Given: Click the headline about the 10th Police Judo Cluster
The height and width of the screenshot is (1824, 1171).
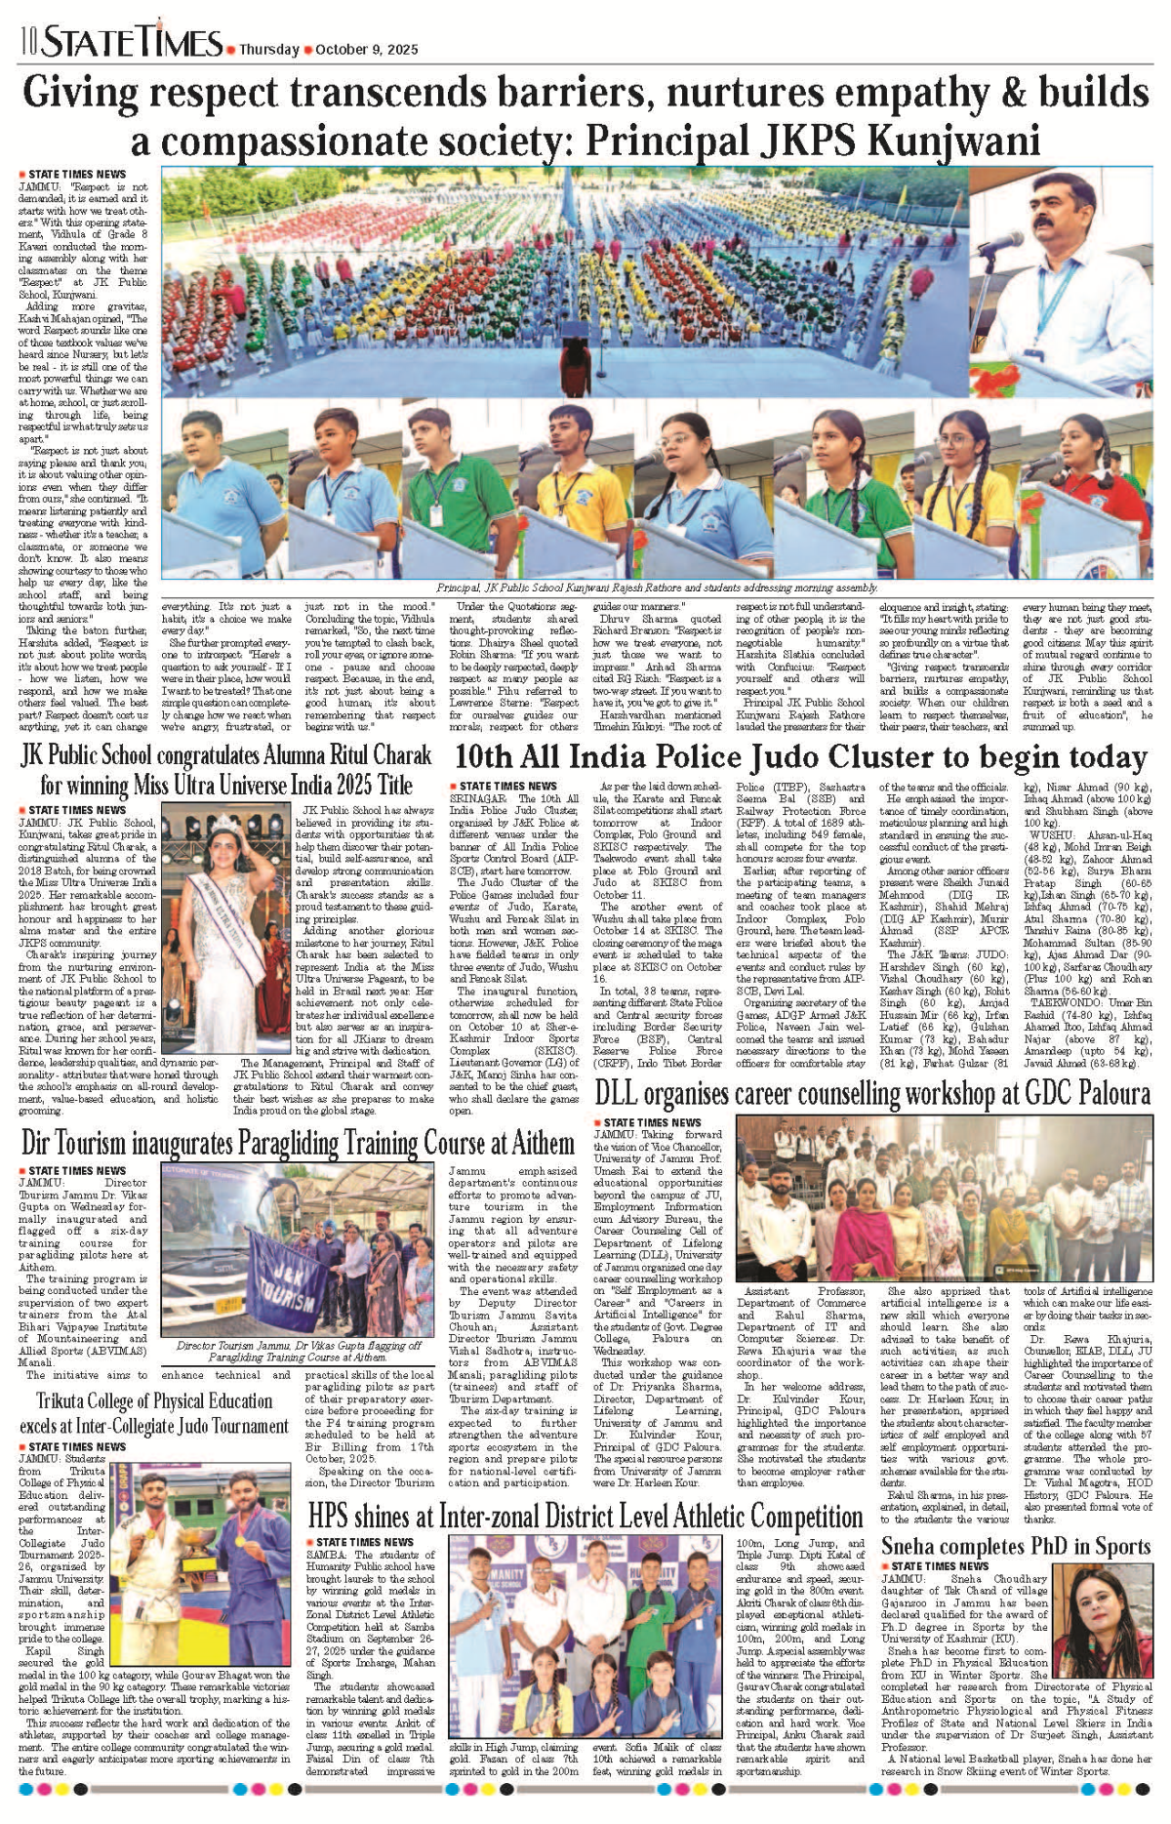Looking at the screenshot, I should (x=800, y=757).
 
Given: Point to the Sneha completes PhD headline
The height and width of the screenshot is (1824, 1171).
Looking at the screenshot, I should (x=1016, y=1547).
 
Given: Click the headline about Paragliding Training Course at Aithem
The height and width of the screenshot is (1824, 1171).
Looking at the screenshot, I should (x=298, y=1143).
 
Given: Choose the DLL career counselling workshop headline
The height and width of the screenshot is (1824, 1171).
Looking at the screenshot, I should (x=872, y=1093).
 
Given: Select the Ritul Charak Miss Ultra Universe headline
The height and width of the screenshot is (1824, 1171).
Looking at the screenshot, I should (x=226, y=769).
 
